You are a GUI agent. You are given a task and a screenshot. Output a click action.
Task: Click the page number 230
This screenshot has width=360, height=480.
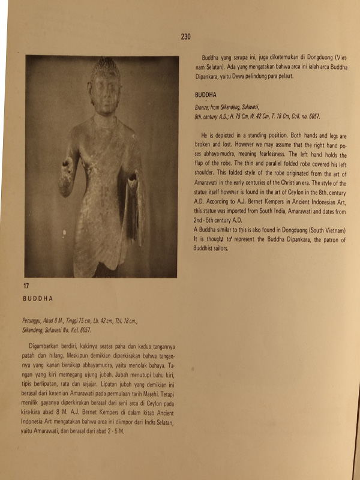coord(185,37)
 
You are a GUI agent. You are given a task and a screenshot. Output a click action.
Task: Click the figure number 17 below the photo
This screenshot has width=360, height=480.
coord(26,286)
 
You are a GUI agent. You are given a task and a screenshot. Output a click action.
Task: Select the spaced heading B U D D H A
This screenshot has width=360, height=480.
coord(38,298)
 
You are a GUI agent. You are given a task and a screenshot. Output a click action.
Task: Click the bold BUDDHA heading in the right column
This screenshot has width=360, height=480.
coord(206,95)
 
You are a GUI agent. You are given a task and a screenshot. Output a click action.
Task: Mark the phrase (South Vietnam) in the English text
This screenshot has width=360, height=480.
coord(325,230)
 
